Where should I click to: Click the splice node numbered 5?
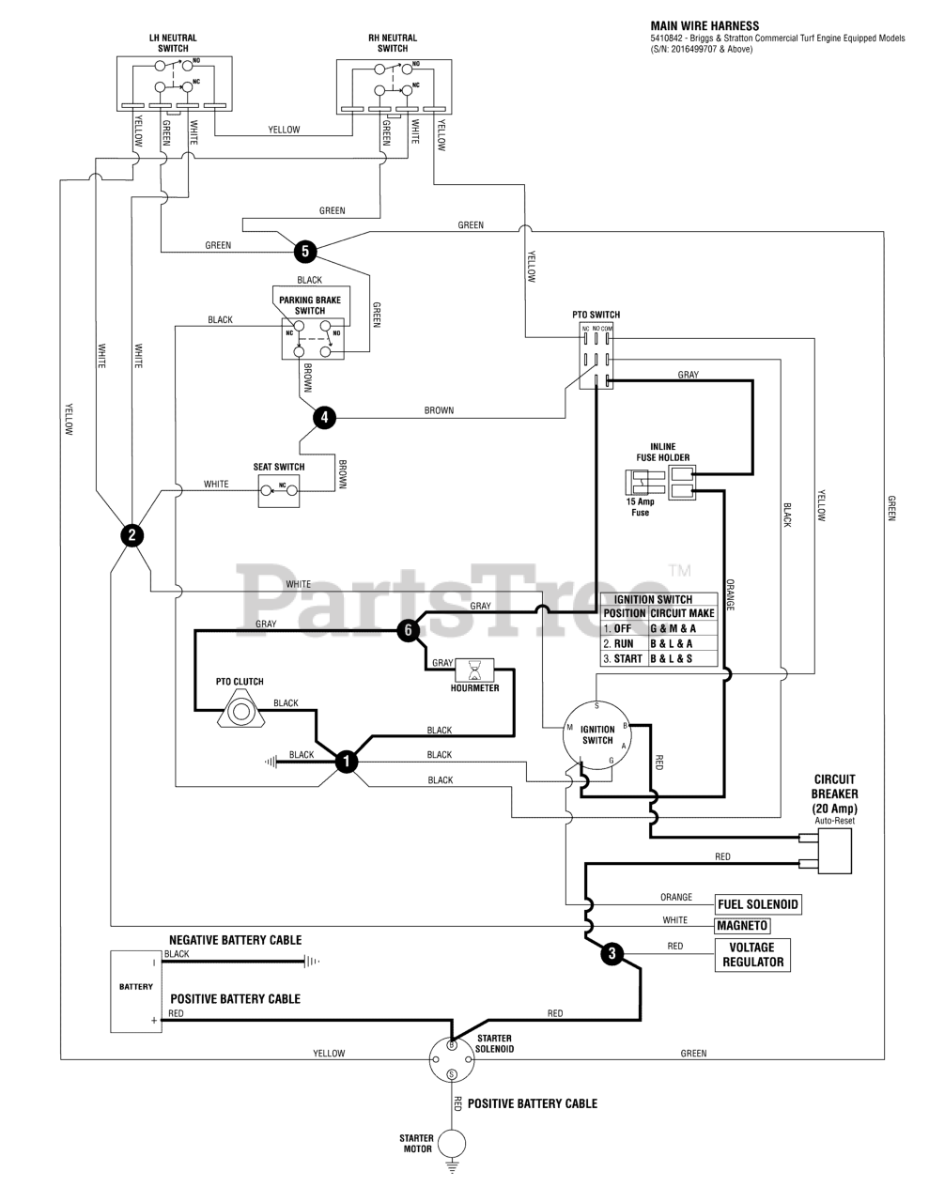[x=305, y=252]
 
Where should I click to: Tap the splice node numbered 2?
[x=132, y=535]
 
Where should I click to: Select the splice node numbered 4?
[x=324, y=417]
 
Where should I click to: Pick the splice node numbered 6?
[x=408, y=630]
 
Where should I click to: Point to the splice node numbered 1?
[x=347, y=762]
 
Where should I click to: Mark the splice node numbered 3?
[x=612, y=953]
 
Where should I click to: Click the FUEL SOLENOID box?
[x=757, y=904]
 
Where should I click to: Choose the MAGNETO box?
[x=742, y=925]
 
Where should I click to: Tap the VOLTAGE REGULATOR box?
[x=752, y=955]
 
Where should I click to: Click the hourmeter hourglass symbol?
[x=474, y=670]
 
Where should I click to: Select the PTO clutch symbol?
[x=240, y=712]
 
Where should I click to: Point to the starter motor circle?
[x=452, y=1144]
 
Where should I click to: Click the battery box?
[x=136, y=992]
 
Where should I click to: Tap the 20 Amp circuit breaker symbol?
[x=834, y=851]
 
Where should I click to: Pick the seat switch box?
[x=279, y=490]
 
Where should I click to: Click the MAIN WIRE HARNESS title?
[x=704, y=26]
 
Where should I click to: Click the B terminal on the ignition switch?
[x=626, y=725]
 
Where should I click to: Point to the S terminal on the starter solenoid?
[x=452, y=1074]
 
